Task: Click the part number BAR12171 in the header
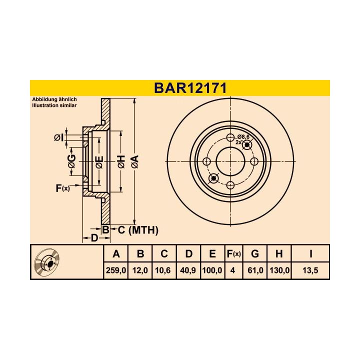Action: [190, 88]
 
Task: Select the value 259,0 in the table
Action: [116, 270]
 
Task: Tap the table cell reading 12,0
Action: [140, 270]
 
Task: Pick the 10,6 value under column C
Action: [164, 270]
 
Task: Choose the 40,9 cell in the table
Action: [188, 270]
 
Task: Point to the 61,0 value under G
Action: [255, 270]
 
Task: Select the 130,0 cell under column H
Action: [279, 270]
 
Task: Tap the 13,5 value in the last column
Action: [311, 270]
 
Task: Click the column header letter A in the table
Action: [116, 254]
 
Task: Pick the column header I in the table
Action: [311, 254]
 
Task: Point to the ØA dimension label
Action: [134, 161]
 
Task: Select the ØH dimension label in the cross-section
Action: [121, 161]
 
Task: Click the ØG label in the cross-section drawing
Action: [72, 161]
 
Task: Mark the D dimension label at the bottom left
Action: [93, 238]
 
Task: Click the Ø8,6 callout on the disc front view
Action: [243, 136]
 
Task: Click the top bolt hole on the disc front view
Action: [230, 138]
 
